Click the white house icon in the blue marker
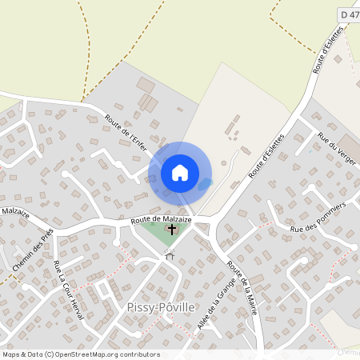click(180, 172)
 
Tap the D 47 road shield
click(349, 14)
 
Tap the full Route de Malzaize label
click(161, 218)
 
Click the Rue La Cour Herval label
click(69, 290)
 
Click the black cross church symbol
click(171, 230)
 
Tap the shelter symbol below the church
click(169, 256)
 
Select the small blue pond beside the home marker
click(206, 184)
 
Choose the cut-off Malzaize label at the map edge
click(14, 212)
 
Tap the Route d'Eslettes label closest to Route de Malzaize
click(268, 153)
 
